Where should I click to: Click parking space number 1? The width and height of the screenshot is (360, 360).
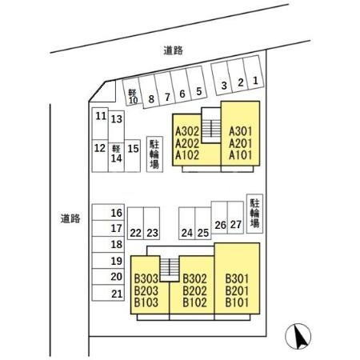(254, 73)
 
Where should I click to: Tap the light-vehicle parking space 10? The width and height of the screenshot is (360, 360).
(131, 91)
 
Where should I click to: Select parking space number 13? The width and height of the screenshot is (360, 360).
(116, 126)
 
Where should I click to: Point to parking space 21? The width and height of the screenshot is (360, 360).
(108, 293)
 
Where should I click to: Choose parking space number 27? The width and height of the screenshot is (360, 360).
(235, 218)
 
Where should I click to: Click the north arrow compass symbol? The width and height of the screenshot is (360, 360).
(298, 336)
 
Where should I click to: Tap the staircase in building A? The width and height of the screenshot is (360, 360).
(211, 126)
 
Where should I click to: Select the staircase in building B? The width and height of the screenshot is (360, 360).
(170, 270)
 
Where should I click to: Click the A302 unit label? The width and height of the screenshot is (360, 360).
(187, 131)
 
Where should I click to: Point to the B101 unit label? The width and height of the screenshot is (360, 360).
(237, 302)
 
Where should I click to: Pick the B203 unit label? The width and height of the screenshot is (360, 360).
(146, 290)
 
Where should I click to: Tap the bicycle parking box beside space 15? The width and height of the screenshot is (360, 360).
(154, 154)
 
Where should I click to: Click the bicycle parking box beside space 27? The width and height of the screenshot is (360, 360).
(254, 214)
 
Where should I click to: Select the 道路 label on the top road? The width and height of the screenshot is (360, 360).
(173, 50)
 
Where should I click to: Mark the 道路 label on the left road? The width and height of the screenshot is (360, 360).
(70, 218)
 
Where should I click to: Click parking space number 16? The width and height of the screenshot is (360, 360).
(108, 212)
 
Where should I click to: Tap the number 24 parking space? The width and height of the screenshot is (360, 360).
(187, 223)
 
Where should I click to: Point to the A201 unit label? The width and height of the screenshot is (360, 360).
(240, 143)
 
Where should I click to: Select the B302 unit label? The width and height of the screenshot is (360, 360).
(194, 279)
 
